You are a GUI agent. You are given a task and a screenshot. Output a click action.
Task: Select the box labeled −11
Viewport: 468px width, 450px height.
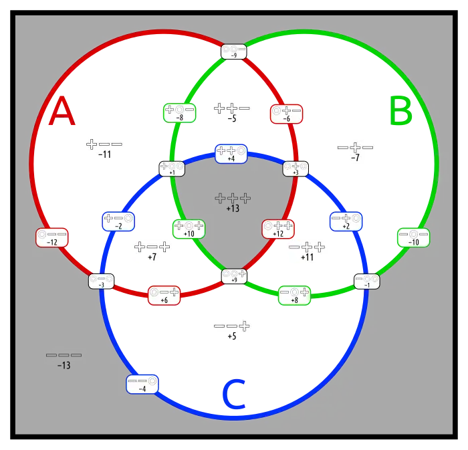click(104, 148)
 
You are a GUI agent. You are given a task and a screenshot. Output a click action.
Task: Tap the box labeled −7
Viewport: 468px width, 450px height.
click(355, 151)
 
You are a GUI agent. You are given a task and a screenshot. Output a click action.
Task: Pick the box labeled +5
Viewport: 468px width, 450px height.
click(232, 330)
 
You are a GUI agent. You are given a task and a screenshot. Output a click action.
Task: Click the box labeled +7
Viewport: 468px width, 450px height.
click(152, 251)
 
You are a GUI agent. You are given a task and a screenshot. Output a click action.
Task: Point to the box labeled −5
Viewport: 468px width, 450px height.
click(232, 112)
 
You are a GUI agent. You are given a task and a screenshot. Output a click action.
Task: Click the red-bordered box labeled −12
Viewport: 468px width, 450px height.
click(51, 237)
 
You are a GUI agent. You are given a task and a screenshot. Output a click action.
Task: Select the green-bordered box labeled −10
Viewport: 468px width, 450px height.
click(413, 237)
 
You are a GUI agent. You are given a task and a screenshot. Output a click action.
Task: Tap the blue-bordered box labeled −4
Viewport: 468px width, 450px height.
click(142, 384)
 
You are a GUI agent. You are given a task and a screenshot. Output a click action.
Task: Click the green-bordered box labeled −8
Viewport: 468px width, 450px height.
click(179, 112)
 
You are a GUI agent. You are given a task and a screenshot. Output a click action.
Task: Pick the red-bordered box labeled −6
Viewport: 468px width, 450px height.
click(285, 114)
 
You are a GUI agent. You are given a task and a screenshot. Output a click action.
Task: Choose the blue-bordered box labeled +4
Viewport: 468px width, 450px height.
click(231, 154)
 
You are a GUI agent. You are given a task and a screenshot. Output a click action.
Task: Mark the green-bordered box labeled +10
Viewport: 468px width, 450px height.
click(189, 229)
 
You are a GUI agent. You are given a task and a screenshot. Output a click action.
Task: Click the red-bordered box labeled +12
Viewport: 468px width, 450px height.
click(278, 229)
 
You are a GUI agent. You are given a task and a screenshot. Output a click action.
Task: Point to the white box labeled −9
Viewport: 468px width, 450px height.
click(233, 51)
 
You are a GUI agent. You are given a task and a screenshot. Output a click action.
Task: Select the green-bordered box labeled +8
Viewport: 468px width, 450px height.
click(294, 295)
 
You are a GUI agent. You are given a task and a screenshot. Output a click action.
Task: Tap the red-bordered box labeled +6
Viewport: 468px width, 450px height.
click(164, 295)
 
